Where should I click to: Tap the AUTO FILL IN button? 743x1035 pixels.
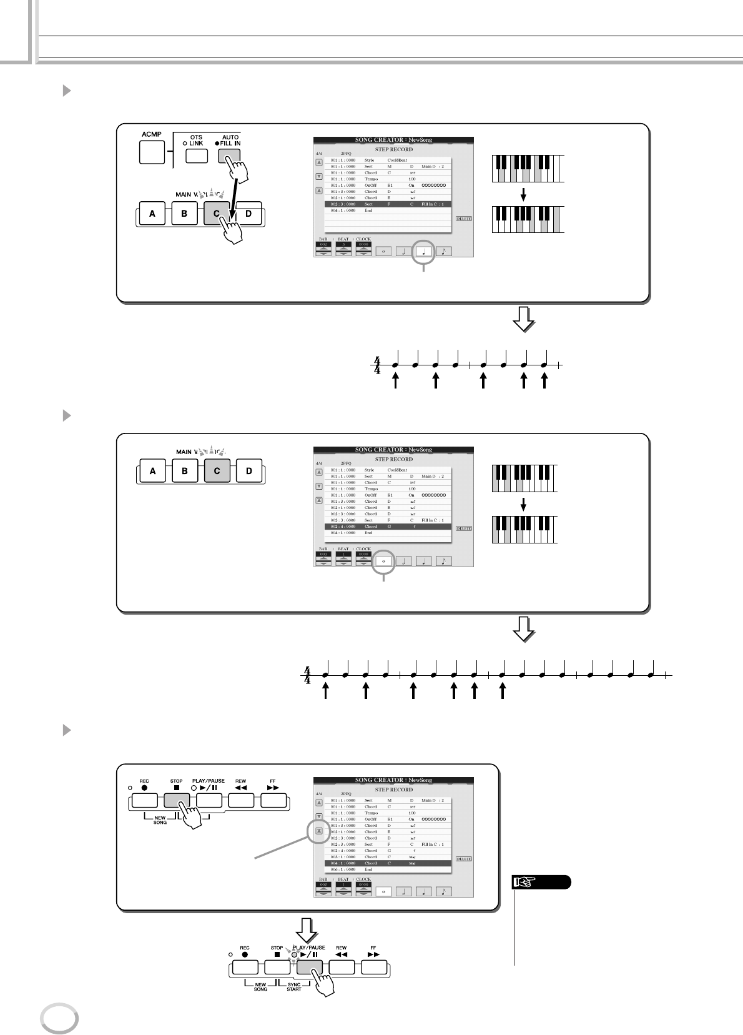pos(228,156)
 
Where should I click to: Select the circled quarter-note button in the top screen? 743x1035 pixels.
pos(424,252)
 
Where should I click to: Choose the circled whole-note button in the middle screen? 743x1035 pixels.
pos(383,561)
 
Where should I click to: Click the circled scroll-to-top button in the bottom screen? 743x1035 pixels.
pos(318,831)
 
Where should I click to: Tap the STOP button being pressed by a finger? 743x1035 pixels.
pos(177,801)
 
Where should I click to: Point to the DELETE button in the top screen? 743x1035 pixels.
pos(464,219)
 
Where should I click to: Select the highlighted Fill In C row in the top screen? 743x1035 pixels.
pos(388,204)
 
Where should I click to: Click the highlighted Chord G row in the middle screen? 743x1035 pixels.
pos(388,527)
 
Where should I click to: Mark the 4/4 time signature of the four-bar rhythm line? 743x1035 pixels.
pos(307,675)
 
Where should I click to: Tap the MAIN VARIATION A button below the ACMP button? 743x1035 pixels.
pos(152,214)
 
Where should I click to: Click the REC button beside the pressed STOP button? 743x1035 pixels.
pos(144,801)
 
